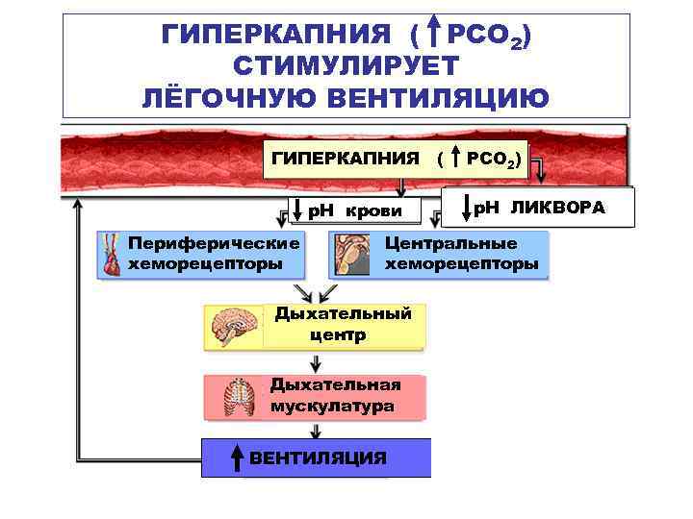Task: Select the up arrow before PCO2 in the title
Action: (434, 36)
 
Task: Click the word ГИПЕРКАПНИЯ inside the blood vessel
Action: (346, 158)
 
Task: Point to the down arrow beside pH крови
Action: (299, 210)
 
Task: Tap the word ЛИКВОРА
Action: (558, 208)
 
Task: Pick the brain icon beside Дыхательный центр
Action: (234, 328)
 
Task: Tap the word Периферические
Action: (214, 244)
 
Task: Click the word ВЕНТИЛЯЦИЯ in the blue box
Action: (318, 458)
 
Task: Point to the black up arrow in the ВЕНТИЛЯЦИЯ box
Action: (236, 458)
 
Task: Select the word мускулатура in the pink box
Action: (332, 407)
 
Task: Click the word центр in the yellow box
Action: (338, 335)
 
